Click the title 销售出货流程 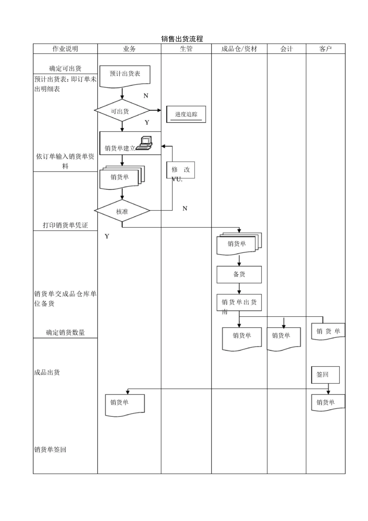pos(182,39)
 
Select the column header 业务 pos(129,49)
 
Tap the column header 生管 pos(186,49)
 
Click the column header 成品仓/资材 pos(239,49)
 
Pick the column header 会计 pos(286,49)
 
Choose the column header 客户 pos(325,49)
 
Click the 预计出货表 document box pos(125,74)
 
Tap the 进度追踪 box pos(186,114)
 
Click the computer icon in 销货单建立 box pos(144,143)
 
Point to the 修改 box pos(181,170)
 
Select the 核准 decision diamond pos(122,211)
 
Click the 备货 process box pos(239,274)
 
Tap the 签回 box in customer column pos(325,374)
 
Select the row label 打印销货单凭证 pos(65,225)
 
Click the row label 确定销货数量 pos(65,333)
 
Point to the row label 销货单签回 pos(50,450)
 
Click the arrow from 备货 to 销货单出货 pos(239,289)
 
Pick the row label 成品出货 pos(47,373)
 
